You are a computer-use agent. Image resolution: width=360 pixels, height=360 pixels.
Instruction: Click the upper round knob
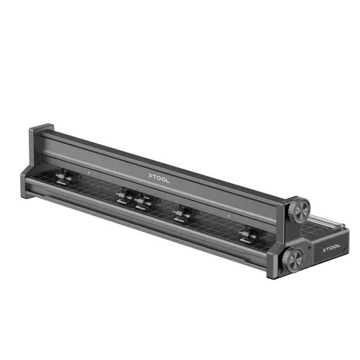click(x=300, y=209)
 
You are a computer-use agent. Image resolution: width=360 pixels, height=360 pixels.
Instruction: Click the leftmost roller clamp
click(x=63, y=178)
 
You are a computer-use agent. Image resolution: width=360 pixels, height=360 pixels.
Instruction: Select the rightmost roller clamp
click(x=248, y=234)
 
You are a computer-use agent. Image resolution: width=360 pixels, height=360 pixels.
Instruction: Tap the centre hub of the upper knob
click(x=300, y=209)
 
